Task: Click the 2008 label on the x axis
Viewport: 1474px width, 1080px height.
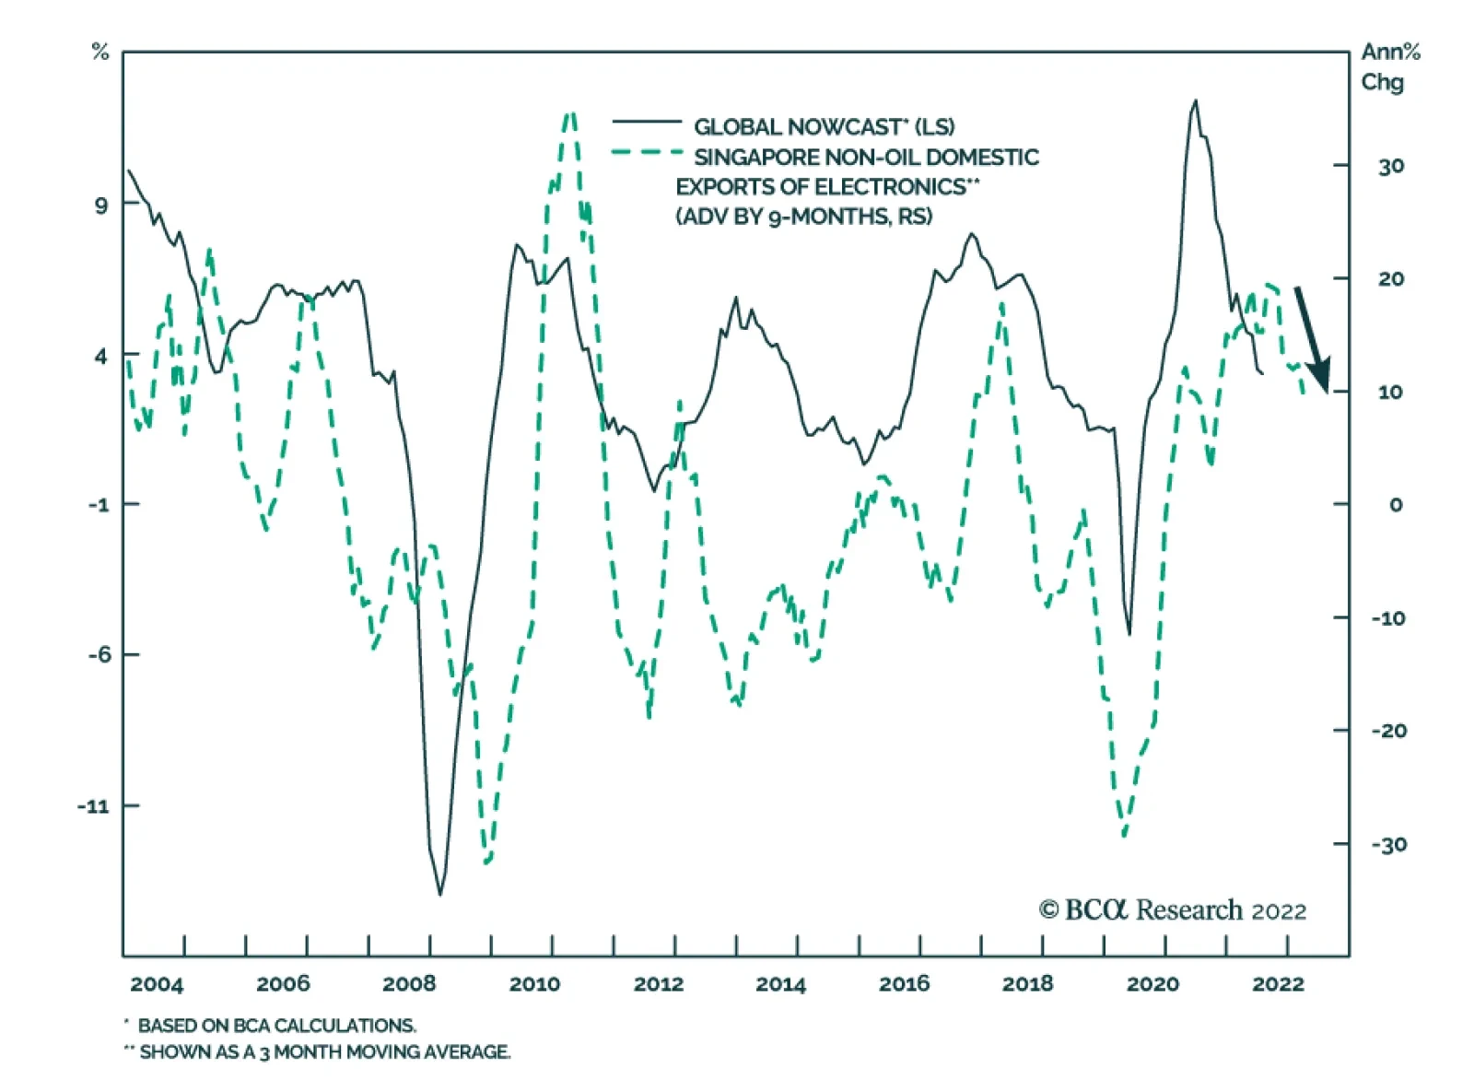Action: [x=409, y=984]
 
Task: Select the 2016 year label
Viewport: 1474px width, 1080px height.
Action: [x=904, y=984]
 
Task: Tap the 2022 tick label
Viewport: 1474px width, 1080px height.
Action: [x=1278, y=984]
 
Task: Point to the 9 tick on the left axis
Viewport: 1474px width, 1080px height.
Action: [x=100, y=205]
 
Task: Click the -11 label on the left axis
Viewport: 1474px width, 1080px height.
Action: [x=94, y=806]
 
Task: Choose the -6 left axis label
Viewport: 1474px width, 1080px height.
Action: [x=99, y=655]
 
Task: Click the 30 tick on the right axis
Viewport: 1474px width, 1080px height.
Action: [x=1391, y=167]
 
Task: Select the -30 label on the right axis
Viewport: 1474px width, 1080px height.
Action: [x=1388, y=845]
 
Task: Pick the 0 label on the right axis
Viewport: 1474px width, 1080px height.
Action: [x=1396, y=505]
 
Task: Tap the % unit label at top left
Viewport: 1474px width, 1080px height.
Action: [x=100, y=53]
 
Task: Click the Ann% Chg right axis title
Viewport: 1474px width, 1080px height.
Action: [x=1389, y=66]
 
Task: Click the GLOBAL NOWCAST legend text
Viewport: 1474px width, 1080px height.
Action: [x=824, y=127]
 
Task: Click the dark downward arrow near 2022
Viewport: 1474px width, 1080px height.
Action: [x=1312, y=339]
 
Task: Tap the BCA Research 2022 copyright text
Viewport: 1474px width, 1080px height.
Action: [x=1172, y=910]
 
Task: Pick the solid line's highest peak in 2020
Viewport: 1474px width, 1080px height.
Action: [x=1196, y=101]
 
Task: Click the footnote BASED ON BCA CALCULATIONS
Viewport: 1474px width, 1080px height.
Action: [x=276, y=1026]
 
